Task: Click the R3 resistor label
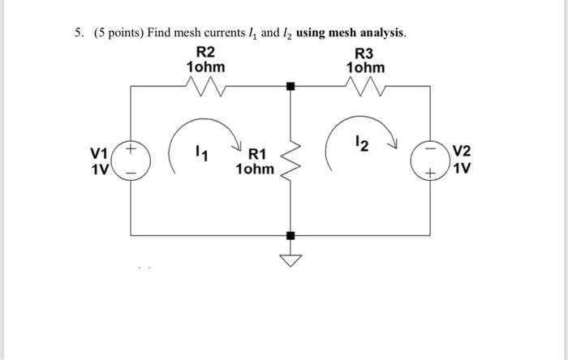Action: [x=365, y=53]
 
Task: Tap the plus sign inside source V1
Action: [x=132, y=149]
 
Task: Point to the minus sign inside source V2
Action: [x=439, y=150]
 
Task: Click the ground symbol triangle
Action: [x=290, y=259]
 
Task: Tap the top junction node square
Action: [x=290, y=84]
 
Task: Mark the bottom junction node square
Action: [x=290, y=235]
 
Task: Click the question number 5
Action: [x=78, y=34]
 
